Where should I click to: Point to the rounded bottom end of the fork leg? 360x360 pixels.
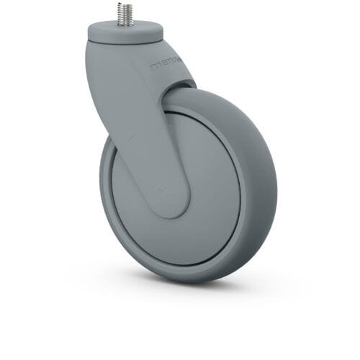click(x=171, y=209)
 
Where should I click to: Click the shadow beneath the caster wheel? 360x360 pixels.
click(x=216, y=288)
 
